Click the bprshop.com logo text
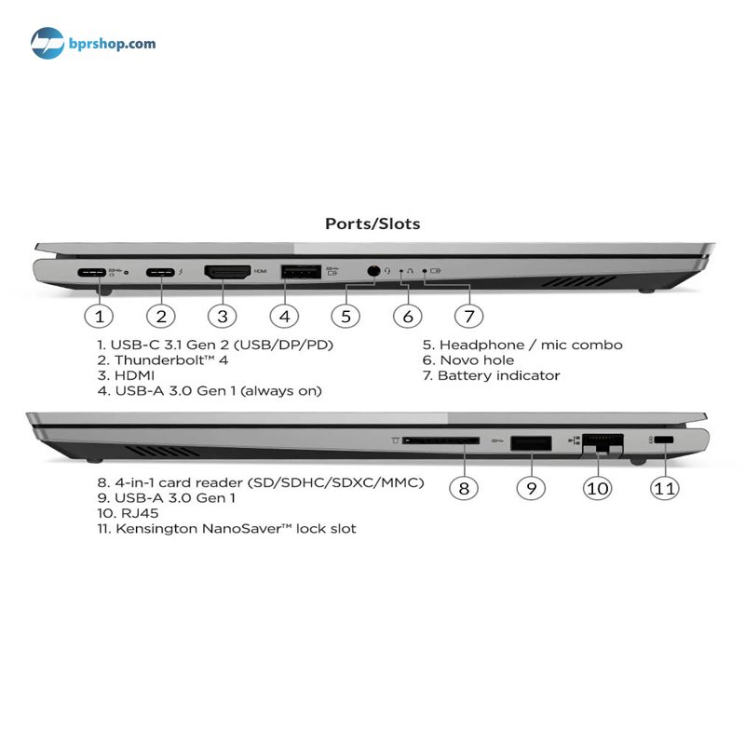point(112,44)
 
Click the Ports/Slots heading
point(372,223)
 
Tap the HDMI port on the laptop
point(227,272)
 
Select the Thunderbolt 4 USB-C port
point(160,273)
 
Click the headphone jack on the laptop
point(374,271)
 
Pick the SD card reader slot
point(440,440)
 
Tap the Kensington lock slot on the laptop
point(663,440)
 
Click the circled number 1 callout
point(99,317)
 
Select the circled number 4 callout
point(284,317)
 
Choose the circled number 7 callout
point(469,317)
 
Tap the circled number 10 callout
point(597,488)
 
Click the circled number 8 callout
point(464,488)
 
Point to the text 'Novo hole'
point(477,360)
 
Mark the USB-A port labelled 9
point(531,443)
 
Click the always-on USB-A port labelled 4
point(301,272)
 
